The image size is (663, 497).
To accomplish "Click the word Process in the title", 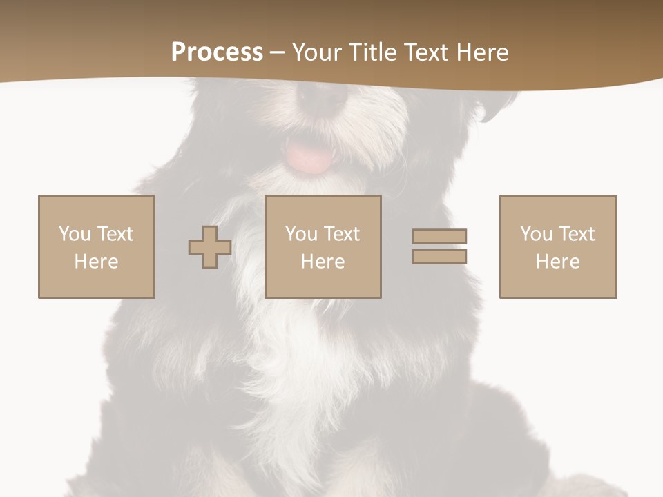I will tap(217, 52).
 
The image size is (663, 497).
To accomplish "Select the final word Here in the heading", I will tap(483, 52).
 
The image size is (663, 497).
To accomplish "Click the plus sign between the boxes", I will tap(210, 247).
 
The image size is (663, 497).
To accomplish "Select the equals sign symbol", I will tap(439, 246).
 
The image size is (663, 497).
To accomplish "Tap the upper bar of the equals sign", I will tap(439, 237).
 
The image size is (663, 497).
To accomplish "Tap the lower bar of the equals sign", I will tap(439, 256).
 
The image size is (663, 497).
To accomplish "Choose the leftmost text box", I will tap(97, 246).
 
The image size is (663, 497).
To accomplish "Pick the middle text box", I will tap(323, 246).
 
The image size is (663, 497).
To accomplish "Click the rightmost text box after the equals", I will tap(558, 246).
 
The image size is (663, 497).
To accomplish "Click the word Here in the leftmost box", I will tap(97, 262).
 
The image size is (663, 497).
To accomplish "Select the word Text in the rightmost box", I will tap(577, 234).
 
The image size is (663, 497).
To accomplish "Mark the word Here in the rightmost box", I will tap(558, 262).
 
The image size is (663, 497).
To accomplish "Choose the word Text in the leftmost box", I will tap(116, 234).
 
